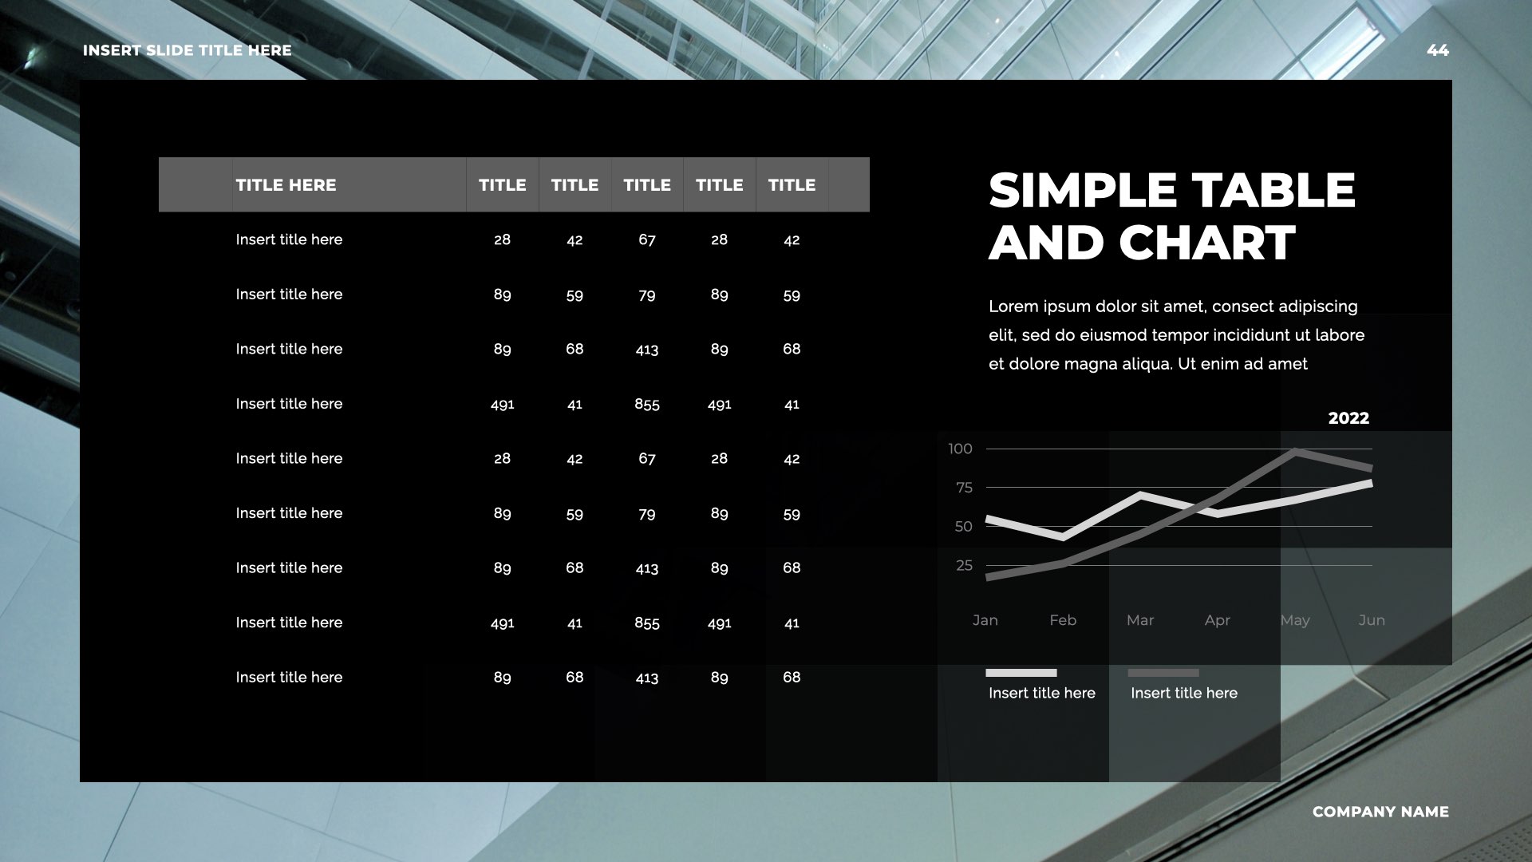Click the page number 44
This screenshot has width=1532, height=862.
point(1437,50)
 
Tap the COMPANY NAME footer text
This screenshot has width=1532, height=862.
point(1380,812)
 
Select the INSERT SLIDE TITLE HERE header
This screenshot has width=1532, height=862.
point(188,50)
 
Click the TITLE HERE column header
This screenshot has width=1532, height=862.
point(286,185)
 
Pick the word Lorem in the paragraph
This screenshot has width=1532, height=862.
point(1013,306)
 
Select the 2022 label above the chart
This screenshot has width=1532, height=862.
point(1348,418)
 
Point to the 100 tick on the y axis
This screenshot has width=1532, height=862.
point(960,449)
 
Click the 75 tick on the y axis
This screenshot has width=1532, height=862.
point(964,488)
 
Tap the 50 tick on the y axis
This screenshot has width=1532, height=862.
point(964,527)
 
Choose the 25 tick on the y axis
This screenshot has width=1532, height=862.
point(964,566)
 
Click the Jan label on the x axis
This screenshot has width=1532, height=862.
point(985,620)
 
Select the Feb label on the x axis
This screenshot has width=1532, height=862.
point(1063,620)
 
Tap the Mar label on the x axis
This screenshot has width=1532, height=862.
point(1140,620)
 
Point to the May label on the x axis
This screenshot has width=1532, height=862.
point(1295,620)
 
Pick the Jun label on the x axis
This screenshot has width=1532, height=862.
point(1372,620)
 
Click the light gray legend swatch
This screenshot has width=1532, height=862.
point(1021,673)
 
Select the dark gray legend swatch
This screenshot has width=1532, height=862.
point(1163,673)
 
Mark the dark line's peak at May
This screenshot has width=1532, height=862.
point(1295,453)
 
